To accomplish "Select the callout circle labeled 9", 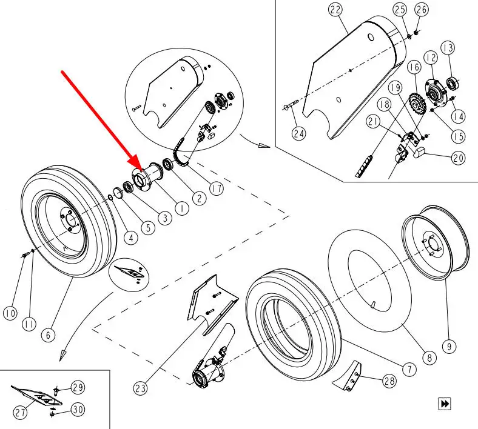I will pos(448,346).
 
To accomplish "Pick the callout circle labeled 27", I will pos(20,413).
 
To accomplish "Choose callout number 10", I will pos(10,313).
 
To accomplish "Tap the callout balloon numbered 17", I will pos(216,188).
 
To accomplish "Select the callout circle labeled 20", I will pos(458,157).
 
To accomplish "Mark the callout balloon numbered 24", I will pos(298,133).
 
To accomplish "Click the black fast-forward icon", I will pos(445,403).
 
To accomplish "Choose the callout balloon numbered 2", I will pos(198,197).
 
